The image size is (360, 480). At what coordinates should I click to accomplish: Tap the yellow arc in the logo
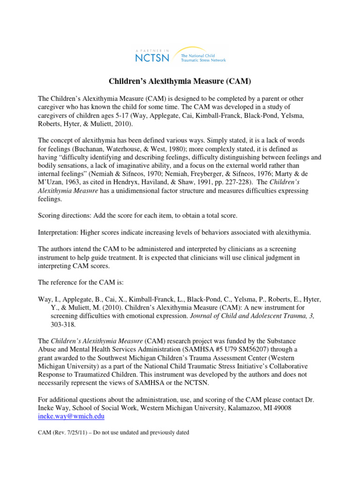point(197,49)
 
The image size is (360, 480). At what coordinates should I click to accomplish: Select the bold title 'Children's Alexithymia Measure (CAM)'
point(180,82)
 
